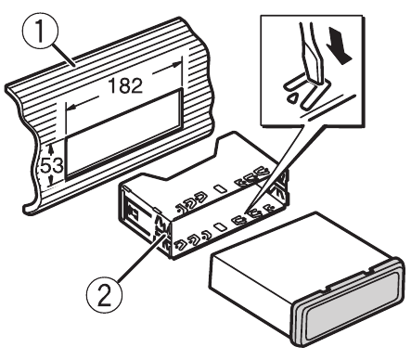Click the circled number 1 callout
[x=40, y=30]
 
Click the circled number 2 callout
[x=104, y=295]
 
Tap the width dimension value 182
[x=125, y=85]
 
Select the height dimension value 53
[x=52, y=165]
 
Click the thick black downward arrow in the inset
[x=340, y=45]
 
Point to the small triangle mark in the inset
[x=292, y=98]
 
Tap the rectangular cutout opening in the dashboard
[x=123, y=134]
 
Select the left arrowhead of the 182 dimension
[x=71, y=107]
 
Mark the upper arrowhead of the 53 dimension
[x=51, y=148]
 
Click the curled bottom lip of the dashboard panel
[x=32, y=208]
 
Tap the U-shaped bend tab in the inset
[x=304, y=92]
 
